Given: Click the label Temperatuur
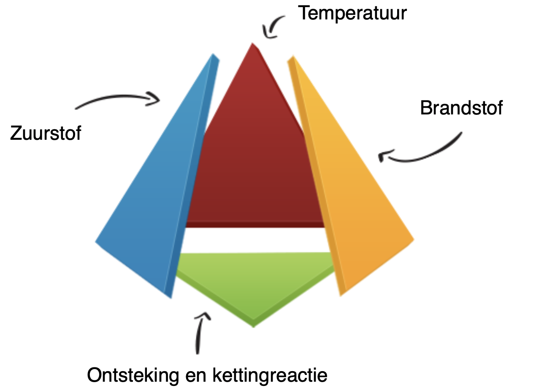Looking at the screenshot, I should [352, 13].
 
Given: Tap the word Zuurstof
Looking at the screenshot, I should [46, 133].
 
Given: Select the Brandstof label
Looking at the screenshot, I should [461, 108].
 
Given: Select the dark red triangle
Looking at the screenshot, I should [253, 169].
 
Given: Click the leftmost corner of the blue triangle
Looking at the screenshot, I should [96, 242].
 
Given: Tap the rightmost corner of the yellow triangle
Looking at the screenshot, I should [413, 239].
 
